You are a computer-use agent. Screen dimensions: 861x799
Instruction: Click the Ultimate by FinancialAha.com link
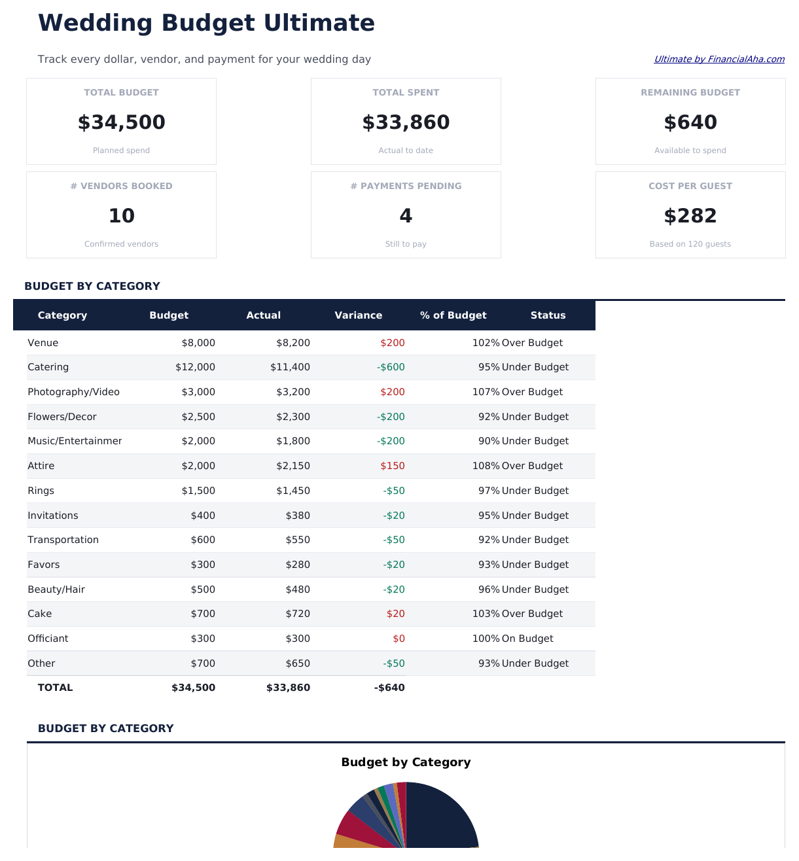719,59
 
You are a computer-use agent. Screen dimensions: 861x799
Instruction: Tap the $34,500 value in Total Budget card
121,122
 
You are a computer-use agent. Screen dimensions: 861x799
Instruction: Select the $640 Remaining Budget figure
690,122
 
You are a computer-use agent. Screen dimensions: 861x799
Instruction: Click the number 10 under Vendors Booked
121,216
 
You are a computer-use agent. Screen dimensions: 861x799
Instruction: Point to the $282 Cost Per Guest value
690,216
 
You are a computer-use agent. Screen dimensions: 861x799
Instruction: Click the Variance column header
358,315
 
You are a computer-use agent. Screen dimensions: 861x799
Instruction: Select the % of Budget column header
453,315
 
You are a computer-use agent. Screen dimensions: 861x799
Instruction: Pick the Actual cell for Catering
290,367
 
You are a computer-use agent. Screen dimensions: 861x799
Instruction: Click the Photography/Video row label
73,392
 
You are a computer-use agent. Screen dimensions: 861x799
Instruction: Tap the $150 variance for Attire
392,466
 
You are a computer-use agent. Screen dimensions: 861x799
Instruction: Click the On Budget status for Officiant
527,639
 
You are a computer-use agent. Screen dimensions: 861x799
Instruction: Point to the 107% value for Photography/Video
486,392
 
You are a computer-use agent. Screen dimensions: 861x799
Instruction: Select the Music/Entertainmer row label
75,441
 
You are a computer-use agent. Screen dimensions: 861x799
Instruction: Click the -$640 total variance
389,688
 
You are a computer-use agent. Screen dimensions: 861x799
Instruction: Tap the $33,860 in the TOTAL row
288,688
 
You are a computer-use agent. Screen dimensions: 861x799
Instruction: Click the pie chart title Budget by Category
406,762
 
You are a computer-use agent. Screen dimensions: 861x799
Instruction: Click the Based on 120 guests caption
690,244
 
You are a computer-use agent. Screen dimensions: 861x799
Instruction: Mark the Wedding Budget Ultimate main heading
206,23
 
